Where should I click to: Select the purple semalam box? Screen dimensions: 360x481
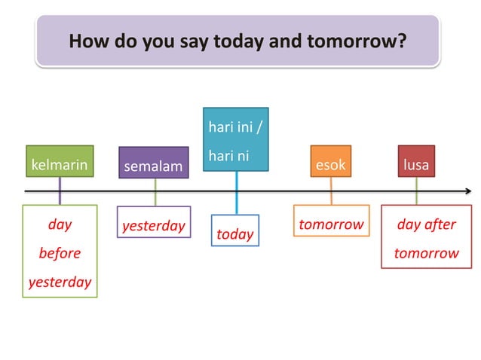click(154, 164)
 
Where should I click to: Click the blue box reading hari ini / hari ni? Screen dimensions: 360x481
click(235, 139)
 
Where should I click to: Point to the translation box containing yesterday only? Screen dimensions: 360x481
click(154, 224)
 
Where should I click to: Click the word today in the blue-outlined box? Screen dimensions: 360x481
click(235, 234)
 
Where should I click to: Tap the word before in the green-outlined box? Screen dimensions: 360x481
click(60, 252)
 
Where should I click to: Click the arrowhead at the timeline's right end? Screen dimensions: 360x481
click(468, 191)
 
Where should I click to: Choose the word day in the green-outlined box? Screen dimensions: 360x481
click(60, 224)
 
